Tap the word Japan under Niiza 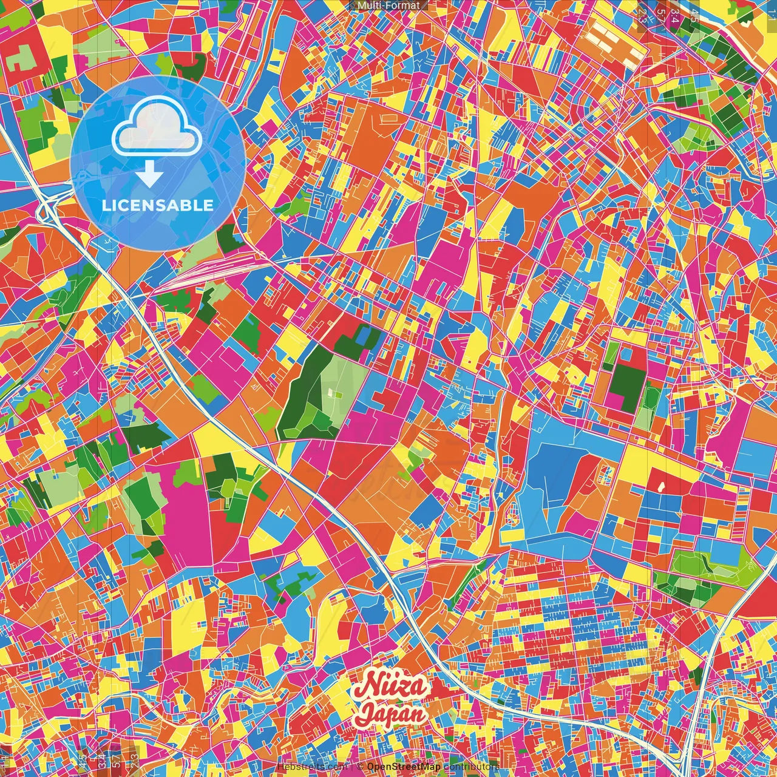392,713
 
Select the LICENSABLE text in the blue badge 158,205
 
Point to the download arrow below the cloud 149,175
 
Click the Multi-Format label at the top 388,5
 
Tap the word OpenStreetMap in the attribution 404,767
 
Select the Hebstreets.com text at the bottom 312,767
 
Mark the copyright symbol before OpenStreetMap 359,767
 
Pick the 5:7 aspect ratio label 660,15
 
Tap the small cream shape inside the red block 660,486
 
